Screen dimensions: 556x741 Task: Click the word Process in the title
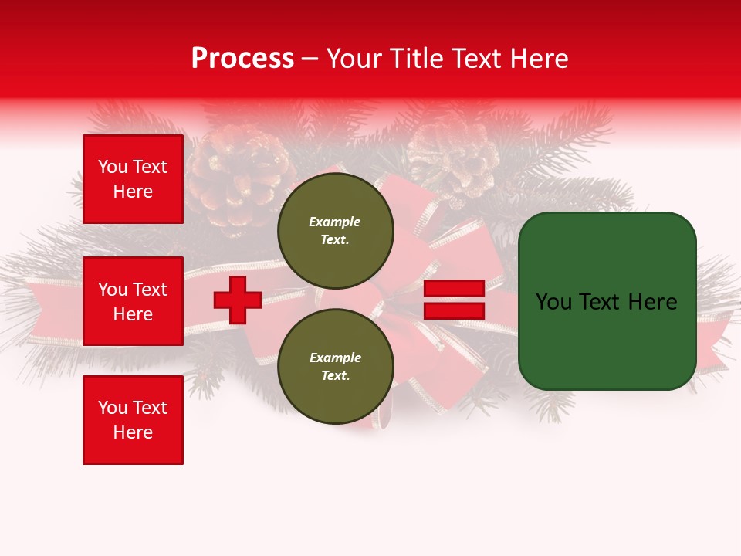point(242,59)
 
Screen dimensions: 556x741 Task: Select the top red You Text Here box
point(133,179)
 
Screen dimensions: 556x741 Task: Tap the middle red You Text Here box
point(133,301)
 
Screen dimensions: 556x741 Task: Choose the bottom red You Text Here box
point(133,419)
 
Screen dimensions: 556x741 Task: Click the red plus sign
point(238,300)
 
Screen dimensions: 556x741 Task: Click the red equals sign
point(454,300)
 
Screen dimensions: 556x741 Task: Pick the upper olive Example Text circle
point(336,231)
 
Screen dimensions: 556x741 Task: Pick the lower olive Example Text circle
point(336,366)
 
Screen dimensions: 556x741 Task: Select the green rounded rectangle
point(607,301)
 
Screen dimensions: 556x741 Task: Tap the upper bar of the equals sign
point(454,289)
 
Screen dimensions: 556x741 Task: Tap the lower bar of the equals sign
point(454,310)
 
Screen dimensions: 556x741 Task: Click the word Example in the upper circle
point(335,222)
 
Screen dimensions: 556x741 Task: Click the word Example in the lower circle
point(335,358)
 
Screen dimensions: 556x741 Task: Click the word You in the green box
point(553,302)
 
